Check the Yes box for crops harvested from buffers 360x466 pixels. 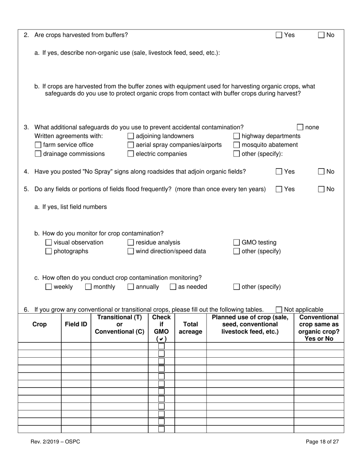(279, 35)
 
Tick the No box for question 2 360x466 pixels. (321, 35)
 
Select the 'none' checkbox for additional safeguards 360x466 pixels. (300, 127)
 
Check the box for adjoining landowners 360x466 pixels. (131, 136)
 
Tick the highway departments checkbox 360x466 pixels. (236, 136)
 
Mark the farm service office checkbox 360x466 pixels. (38, 145)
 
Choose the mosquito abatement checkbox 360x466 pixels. (236, 145)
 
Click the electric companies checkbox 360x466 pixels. (131, 154)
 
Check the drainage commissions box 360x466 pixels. (38, 154)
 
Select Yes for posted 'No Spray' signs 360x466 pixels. (279, 172)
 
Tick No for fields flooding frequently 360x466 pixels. (321, 189)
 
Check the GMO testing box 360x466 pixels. (236, 242)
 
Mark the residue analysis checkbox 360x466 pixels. (131, 242)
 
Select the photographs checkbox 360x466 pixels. (49, 251)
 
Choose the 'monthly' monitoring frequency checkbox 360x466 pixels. (88, 287)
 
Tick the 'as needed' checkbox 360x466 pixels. (173, 287)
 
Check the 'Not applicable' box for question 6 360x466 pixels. (279, 310)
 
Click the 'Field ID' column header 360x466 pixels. (76, 324)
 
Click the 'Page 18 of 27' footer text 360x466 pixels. (322, 441)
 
